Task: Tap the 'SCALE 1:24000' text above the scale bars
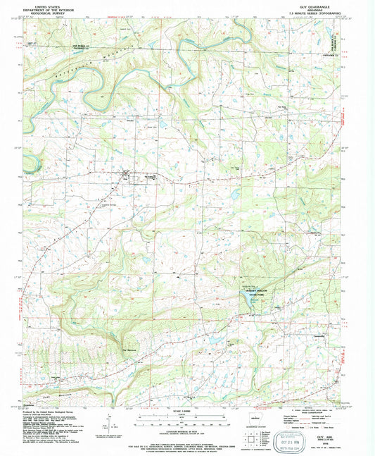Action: [x=186, y=411]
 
